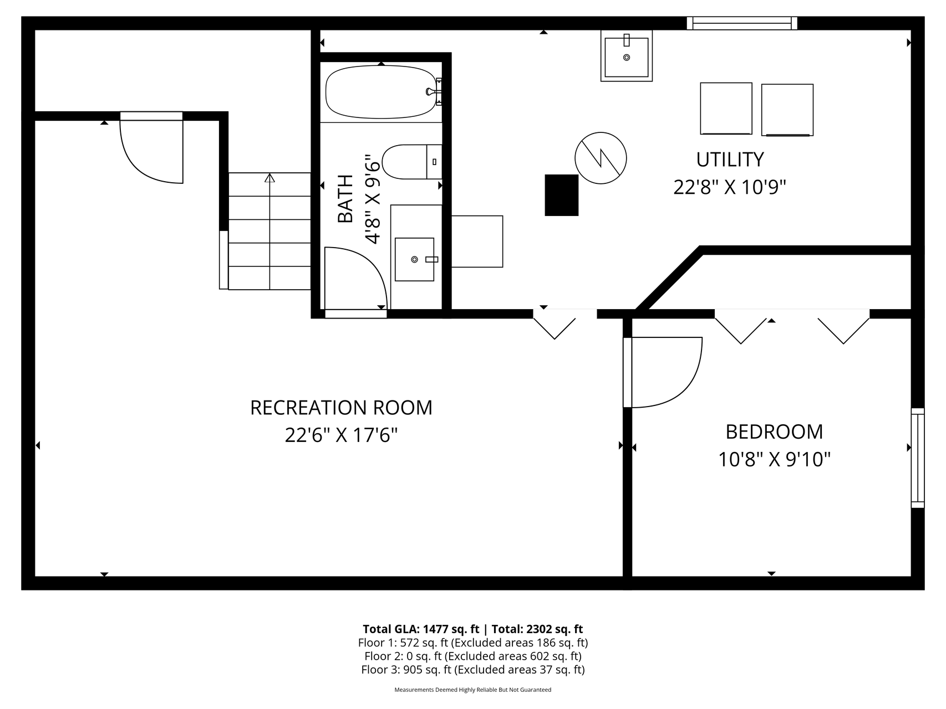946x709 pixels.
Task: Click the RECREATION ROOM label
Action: pos(341,408)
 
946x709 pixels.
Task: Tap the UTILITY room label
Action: pos(730,160)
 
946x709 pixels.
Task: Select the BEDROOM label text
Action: pos(774,431)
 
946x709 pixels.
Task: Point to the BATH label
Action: pos(345,198)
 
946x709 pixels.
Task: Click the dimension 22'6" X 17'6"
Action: pos(342,435)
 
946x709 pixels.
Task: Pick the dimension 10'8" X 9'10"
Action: pos(774,459)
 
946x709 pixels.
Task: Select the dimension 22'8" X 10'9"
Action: pos(730,187)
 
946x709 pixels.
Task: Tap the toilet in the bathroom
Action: pos(412,162)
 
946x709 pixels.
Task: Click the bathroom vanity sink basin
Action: pos(414,259)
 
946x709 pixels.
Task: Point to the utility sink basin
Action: pos(627,57)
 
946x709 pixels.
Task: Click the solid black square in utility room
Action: pos(562,195)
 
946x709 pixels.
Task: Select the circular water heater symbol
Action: pos(601,158)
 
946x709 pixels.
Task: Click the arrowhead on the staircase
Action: pos(269,178)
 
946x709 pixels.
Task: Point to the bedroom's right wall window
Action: pos(918,458)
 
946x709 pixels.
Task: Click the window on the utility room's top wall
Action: pos(742,23)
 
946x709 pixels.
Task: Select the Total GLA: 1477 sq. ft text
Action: pos(421,629)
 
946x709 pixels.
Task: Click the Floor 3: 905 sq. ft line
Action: pos(473,670)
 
